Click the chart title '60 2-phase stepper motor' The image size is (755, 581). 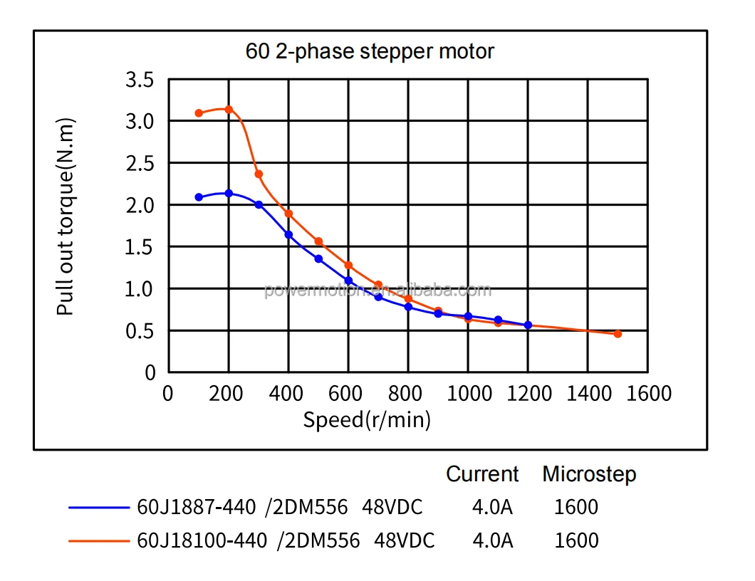click(x=370, y=51)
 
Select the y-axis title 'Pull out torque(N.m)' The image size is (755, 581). click(x=66, y=216)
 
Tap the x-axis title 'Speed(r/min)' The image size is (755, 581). click(x=367, y=420)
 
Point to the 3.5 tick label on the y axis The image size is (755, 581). click(x=140, y=80)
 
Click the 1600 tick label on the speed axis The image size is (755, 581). click(x=647, y=394)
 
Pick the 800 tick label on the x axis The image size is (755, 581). click(x=408, y=394)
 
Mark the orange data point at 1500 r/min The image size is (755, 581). click(x=618, y=333)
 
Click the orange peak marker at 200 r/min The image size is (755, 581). click(x=229, y=110)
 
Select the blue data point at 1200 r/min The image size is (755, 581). click(x=528, y=325)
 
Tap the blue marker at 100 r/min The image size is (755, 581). click(x=199, y=197)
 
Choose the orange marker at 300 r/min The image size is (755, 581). click(x=259, y=174)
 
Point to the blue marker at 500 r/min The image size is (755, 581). click(x=318, y=258)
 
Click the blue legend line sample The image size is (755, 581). click(x=98, y=508)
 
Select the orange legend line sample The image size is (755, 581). click(x=98, y=541)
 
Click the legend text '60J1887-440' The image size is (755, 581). click(x=196, y=508)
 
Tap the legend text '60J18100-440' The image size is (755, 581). click(x=202, y=541)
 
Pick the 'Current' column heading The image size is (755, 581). click(x=482, y=474)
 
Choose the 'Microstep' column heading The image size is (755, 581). click(x=589, y=474)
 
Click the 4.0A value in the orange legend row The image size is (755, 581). click(x=492, y=541)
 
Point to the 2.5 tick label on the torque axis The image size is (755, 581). click(x=140, y=163)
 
